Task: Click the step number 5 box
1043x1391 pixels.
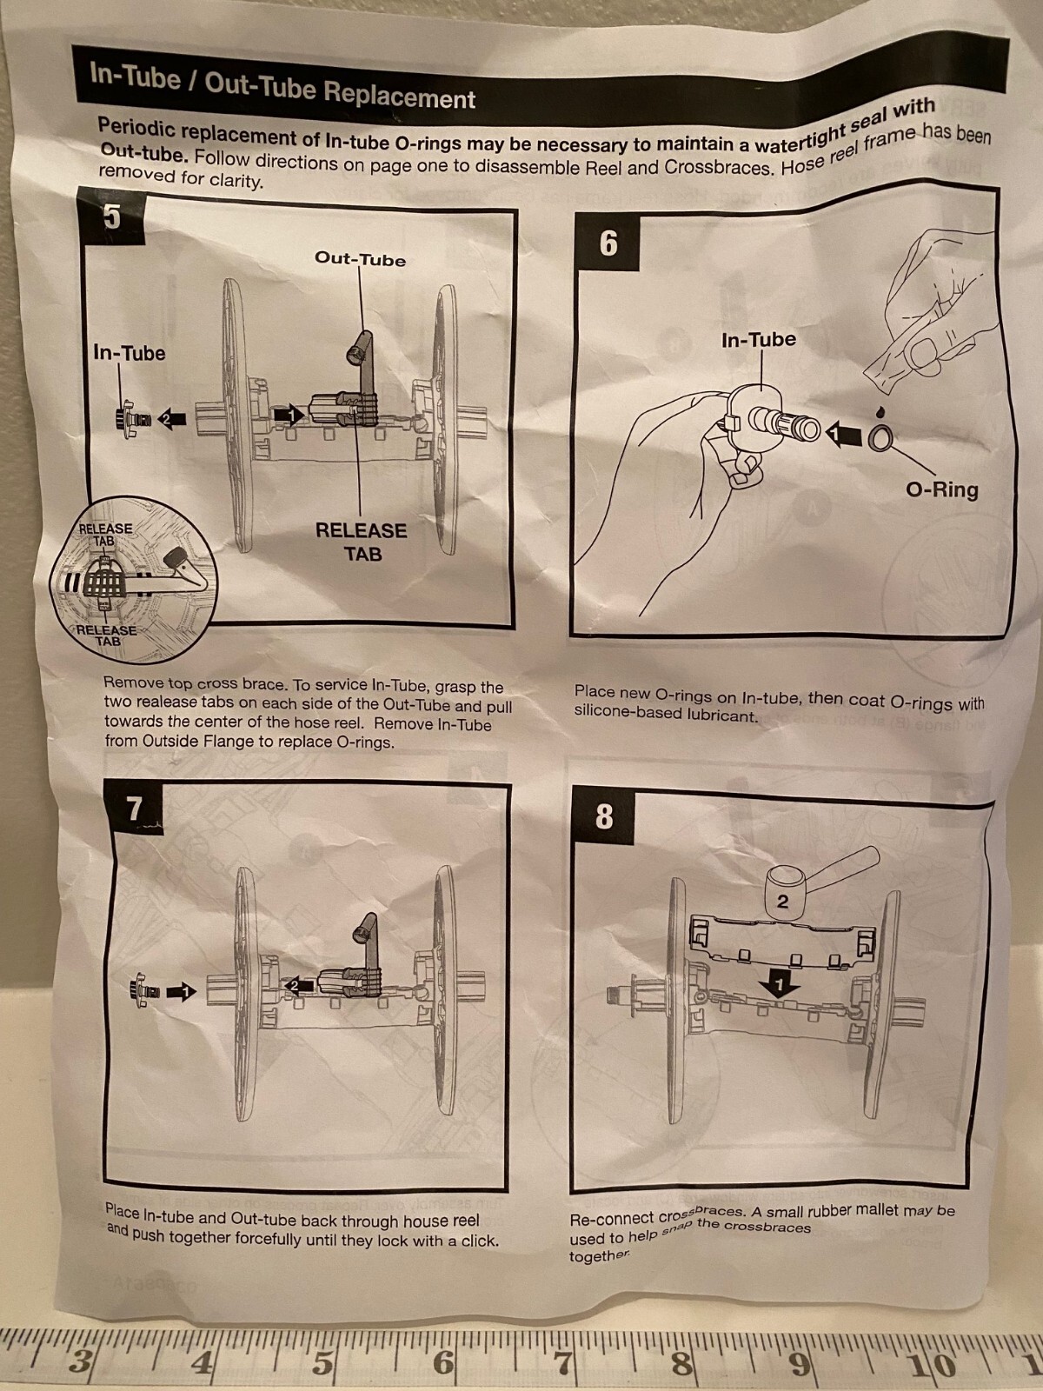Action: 111,216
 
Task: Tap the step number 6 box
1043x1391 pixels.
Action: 608,243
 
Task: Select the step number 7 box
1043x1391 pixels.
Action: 134,809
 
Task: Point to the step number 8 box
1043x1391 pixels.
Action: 604,817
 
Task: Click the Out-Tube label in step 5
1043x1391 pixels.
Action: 360,259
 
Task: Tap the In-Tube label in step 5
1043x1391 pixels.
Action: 129,353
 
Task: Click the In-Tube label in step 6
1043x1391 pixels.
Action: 758,340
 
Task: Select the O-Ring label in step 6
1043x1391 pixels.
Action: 941,489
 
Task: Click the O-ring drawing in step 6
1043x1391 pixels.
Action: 879,439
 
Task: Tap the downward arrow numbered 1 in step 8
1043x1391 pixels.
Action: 781,985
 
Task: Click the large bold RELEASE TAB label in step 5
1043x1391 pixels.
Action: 361,542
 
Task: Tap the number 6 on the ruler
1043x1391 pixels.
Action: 443,1362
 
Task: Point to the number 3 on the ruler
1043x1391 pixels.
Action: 80,1361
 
